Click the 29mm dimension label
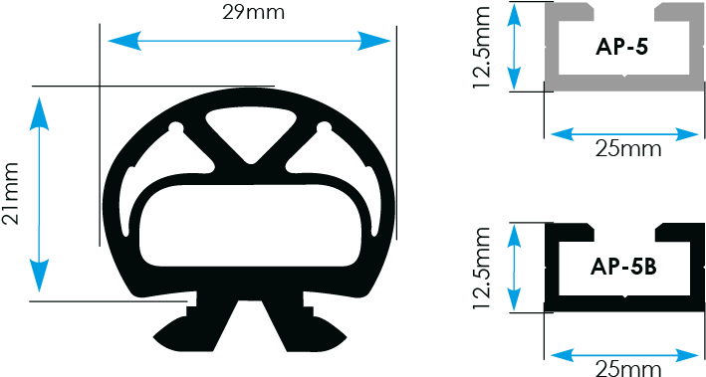[x=249, y=14]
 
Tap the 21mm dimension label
[x=13, y=195]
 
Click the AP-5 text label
[x=621, y=47]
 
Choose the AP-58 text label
[x=622, y=266]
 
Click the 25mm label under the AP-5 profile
[x=627, y=150]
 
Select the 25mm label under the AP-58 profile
[x=627, y=369]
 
